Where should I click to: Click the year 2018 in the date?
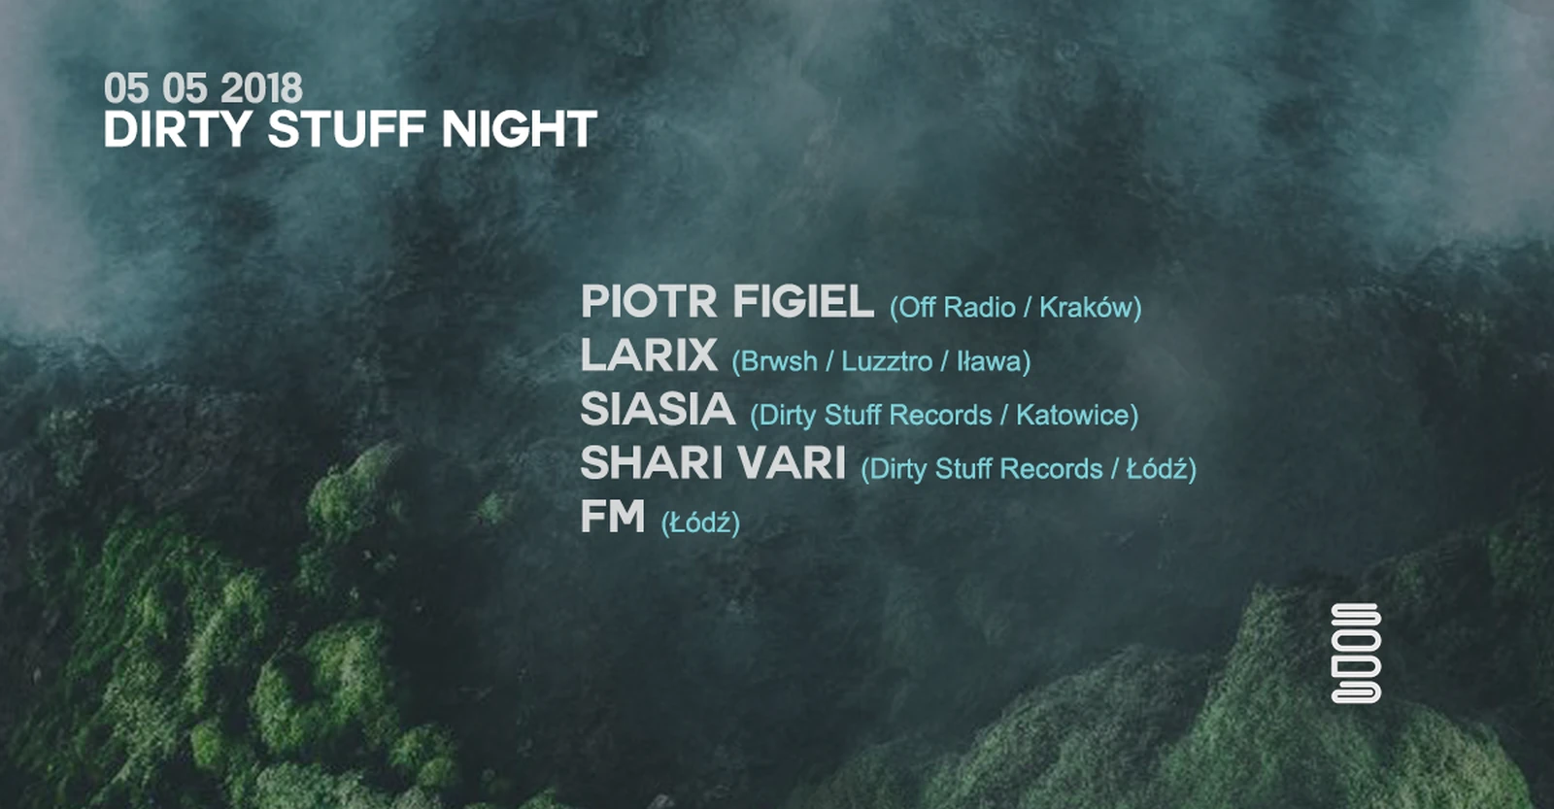tap(261, 88)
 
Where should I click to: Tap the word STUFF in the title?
tap(346, 129)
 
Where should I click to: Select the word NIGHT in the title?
tap(519, 129)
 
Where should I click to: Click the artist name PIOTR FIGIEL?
tap(727, 301)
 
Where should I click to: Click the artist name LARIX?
tap(649, 354)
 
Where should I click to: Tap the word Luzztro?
tap(887, 361)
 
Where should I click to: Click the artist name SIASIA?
tap(658, 409)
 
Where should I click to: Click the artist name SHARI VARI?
tap(713, 463)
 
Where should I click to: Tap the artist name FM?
tap(613, 517)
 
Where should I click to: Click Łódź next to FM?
tap(700, 522)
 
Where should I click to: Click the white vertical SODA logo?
tap(1356, 654)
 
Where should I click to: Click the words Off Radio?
tap(952, 307)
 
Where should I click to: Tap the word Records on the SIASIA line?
tap(940, 415)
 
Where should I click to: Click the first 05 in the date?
tap(126, 88)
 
